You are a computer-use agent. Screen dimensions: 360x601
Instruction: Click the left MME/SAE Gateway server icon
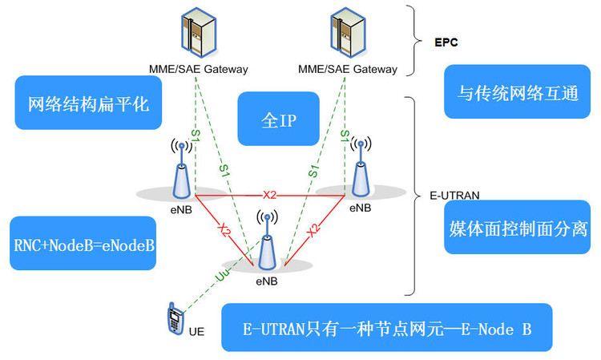(x=199, y=32)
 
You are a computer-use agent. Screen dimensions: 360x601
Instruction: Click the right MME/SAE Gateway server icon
(x=347, y=32)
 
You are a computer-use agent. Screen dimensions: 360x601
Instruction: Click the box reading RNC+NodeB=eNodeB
(x=83, y=243)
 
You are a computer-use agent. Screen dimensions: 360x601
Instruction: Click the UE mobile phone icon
(x=172, y=319)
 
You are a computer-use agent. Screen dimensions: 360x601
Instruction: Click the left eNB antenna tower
(x=183, y=168)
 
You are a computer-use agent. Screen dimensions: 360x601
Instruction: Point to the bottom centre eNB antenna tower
(x=267, y=241)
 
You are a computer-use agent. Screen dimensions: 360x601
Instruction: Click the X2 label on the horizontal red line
(x=270, y=195)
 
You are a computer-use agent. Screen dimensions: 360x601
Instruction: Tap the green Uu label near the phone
(x=220, y=274)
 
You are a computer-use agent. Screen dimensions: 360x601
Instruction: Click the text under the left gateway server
(x=199, y=69)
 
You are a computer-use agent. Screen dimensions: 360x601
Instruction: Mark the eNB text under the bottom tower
(x=267, y=281)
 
